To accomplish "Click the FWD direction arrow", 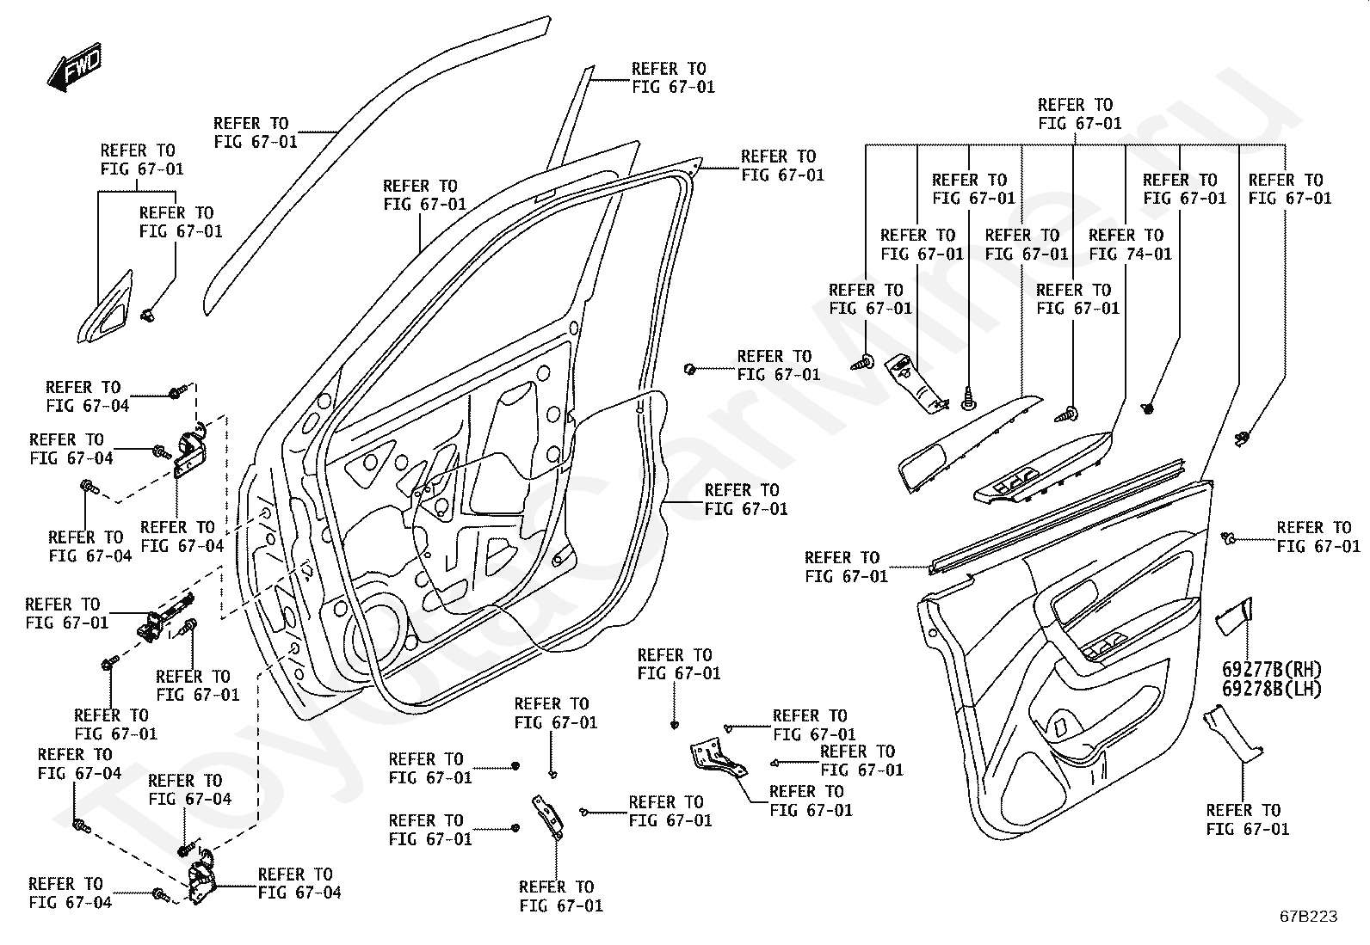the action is (75, 67).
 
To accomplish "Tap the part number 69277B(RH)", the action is (1272, 669).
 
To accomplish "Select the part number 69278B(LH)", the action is (1272, 689).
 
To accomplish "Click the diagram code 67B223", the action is (1308, 917).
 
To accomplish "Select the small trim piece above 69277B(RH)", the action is (1234, 617).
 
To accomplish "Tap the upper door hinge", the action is (190, 452).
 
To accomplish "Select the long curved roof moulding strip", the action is (377, 165).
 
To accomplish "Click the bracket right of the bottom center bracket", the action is (718, 758).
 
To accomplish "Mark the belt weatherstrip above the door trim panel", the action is (1057, 517).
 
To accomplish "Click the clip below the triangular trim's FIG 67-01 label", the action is (148, 315).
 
